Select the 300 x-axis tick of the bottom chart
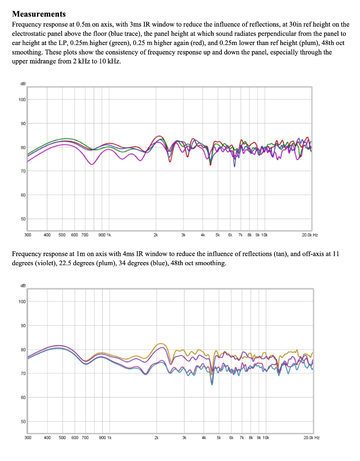[27, 437]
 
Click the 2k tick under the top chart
[156, 235]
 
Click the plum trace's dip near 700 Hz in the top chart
[92, 164]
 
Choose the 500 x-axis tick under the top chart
[63, 235]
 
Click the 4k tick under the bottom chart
[203, 437]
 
